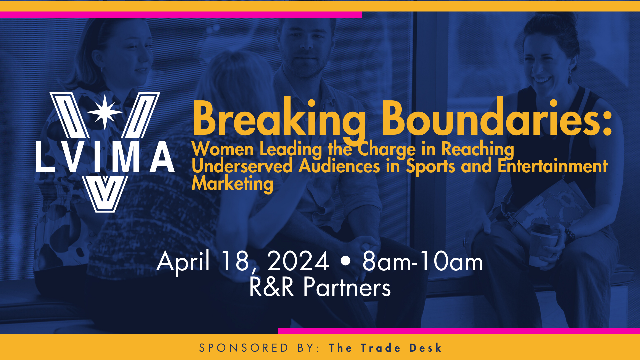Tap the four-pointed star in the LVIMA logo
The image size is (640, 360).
pyautogui.click(x=105, y=112)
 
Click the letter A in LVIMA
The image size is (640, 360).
pyautogui.click(x=162, y=157)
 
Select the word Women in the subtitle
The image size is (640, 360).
pyautogui.click(x=223, y=149)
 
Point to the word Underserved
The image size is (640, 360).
pyautogui.click(x=242, y=166)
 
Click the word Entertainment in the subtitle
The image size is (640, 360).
pyautogui.click(x=552, y=166)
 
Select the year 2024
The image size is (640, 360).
pyautogui.click(x=298, y=261)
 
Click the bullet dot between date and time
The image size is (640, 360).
pyautogui.click(x=346, y=261)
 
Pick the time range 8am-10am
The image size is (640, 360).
pyautogui.click(x=422, y=261)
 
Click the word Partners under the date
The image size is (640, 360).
pyautogui.click(x=347, y=287)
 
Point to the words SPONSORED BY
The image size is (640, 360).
pyautogui.click(x=258, y=348)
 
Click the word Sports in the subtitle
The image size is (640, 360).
pyautogui.click(x=430, y=167)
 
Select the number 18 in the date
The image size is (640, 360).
pyautogui.click(x=238, y=261)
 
